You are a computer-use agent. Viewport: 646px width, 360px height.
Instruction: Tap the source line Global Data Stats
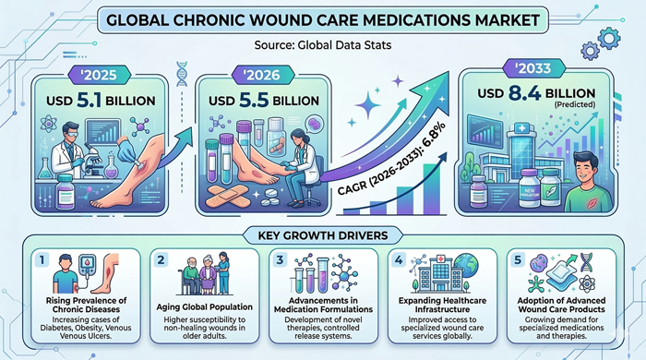[x=322, y=42]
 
